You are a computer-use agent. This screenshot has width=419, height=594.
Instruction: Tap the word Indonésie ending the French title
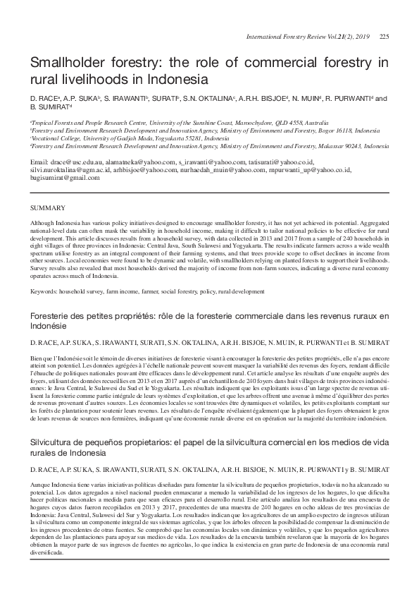click(48, 327)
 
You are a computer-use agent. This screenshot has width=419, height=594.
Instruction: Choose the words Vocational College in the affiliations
click(57, 138)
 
